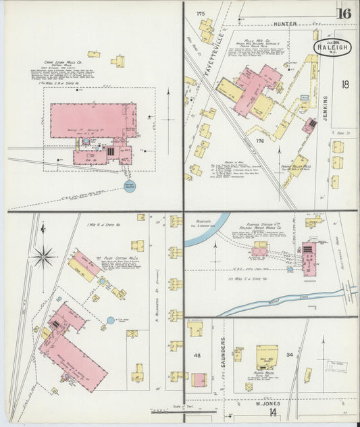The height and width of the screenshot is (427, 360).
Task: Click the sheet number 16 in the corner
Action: point(344,13)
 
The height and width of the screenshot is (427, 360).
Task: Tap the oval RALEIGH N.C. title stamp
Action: point(328,48)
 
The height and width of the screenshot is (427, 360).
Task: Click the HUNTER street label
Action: point(285,24)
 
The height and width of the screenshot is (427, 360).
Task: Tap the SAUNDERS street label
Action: point(222,351)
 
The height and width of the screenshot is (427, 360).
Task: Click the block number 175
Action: point(201,14)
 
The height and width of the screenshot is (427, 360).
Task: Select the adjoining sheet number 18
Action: point(345,84)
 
